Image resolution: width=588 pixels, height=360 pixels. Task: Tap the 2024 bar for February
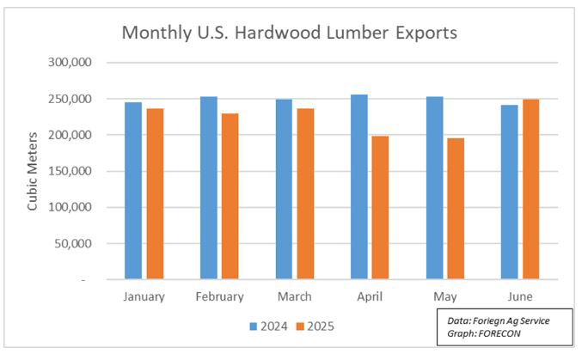tap(209, 188)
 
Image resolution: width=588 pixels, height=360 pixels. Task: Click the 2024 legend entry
tap(267, 326)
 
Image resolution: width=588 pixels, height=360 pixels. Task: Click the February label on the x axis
tap(219, 297)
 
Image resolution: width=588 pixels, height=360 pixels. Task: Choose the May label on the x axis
tap(444, 297)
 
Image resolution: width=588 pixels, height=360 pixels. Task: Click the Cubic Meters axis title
tap(33, 172)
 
